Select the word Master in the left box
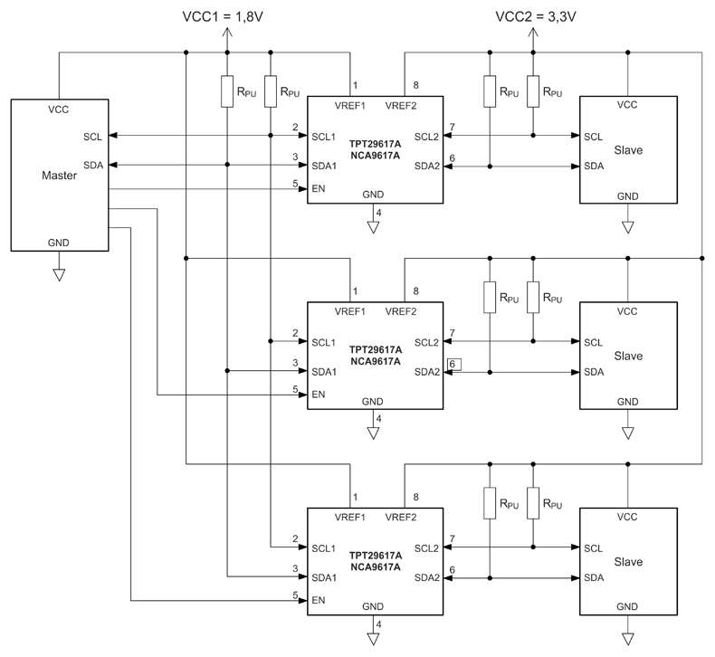click(x=60, y=176)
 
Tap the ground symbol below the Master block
click(x=59, y=273)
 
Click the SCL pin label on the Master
click(x=91, y=137)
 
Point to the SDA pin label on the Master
click(x=91, y=166)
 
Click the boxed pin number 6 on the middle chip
click(x=453, y=364)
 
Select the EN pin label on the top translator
click(x=318, y=189)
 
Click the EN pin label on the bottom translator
click(x=318, y=600)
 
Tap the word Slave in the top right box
click(x=627, y=150)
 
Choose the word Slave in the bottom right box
click(x=627, y=562)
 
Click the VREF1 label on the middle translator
click(x=349, y=312)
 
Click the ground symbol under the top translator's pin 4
click(x=373, y=227)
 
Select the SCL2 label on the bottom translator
click(x=427, y=548)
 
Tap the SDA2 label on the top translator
click(x=427, y=167)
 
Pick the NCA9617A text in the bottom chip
click(x=375, y=567)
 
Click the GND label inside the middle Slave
click(x=627, y=402)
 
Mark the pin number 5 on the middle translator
click(x=295, y=389)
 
